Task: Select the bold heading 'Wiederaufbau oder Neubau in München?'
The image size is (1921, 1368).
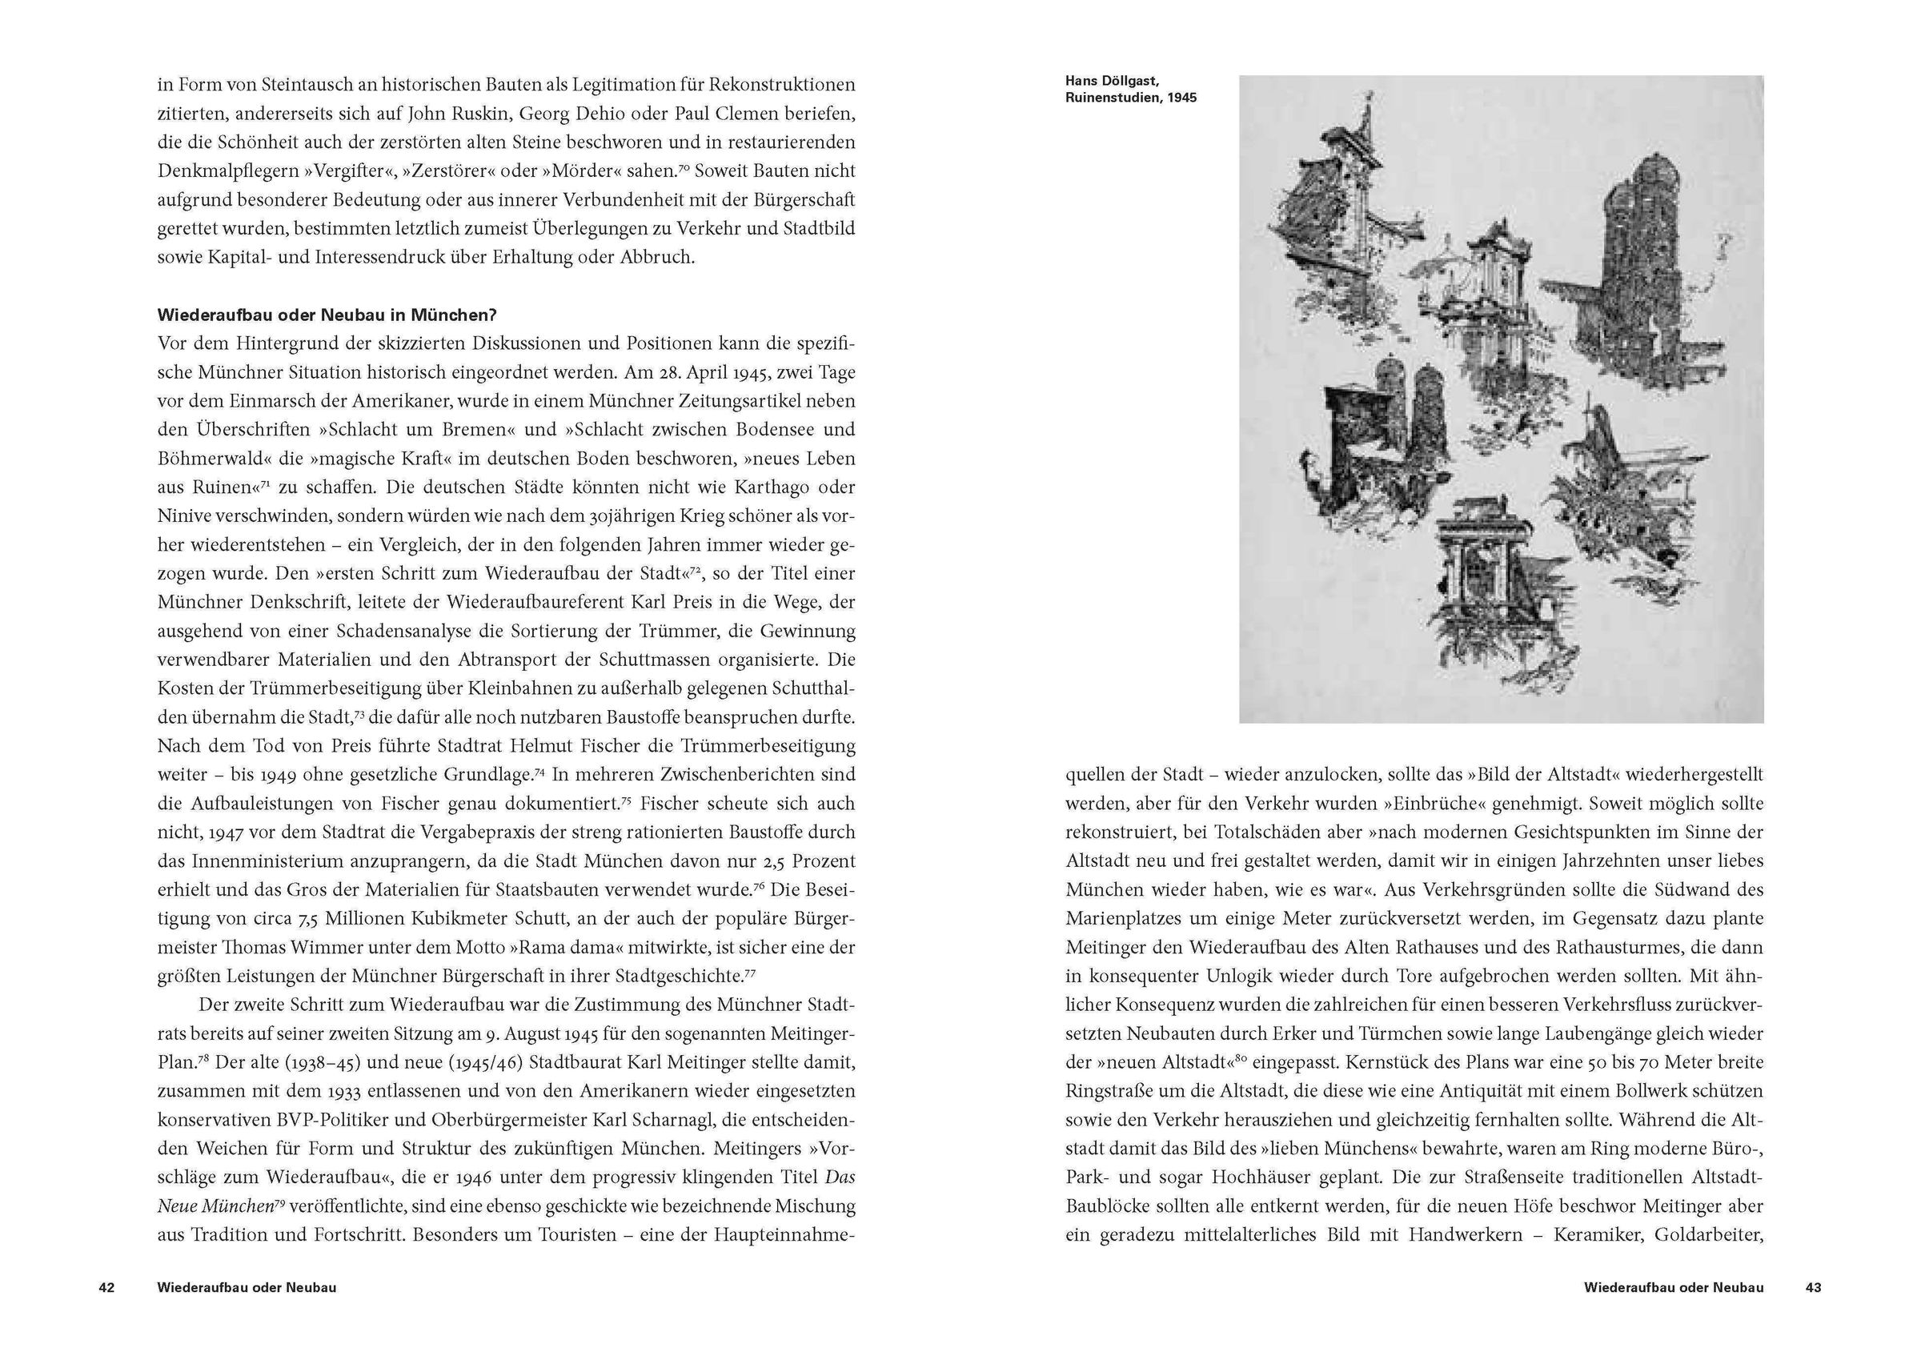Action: click(327, 315)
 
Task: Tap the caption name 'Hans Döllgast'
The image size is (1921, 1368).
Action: click(1112, 82)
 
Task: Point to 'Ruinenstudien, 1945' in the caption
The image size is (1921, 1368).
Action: click(1130, 98)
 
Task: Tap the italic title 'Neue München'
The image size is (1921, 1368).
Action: click(214, 1206)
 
